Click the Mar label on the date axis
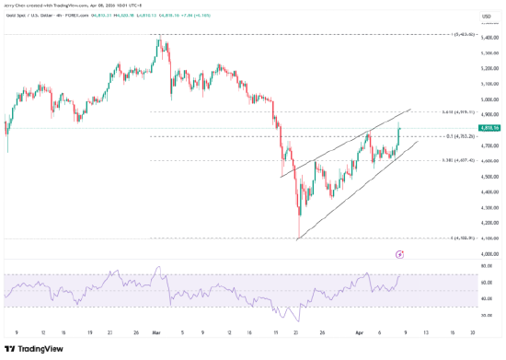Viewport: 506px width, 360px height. pyautogui.click(x=155, y=332)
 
